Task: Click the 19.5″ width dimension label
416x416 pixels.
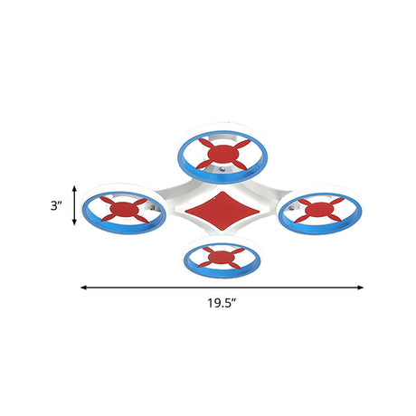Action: coord(222,303)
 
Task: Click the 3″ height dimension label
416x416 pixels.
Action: coord(56,206)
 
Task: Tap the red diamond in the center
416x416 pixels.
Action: coord(222,211)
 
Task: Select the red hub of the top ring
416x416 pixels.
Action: coord(223,154)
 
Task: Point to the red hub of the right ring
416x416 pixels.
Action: coord(319,210)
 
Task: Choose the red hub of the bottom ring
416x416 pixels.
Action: coord(222,257)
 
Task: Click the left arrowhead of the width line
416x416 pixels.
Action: coord(83,288)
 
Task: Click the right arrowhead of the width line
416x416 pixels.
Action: coord(360,288)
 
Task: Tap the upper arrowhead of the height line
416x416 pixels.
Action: coord(74,189)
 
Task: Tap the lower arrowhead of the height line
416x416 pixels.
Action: coord(74,222)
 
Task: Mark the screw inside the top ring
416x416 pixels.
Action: coord(222,169)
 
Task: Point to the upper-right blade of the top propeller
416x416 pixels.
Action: coord(242,144)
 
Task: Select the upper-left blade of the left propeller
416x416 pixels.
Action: coord(107,201)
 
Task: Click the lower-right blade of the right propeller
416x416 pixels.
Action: coord(334,218)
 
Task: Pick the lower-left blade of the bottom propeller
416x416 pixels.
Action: coord(205,264)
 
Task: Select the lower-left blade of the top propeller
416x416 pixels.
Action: coord(204,164)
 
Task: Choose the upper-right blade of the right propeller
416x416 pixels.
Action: coord(336,201)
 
